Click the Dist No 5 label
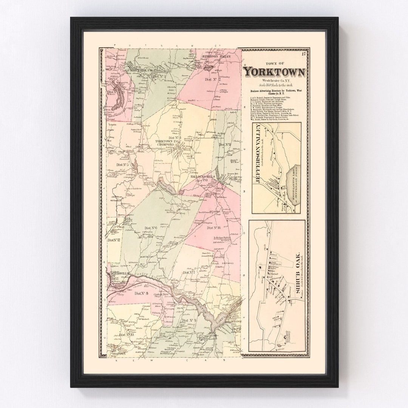coord(123,165)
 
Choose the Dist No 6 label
coord(151,228)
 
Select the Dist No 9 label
coord(189,321)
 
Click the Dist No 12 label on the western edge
coord(113,240)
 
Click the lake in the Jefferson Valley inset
coord(291,182)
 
